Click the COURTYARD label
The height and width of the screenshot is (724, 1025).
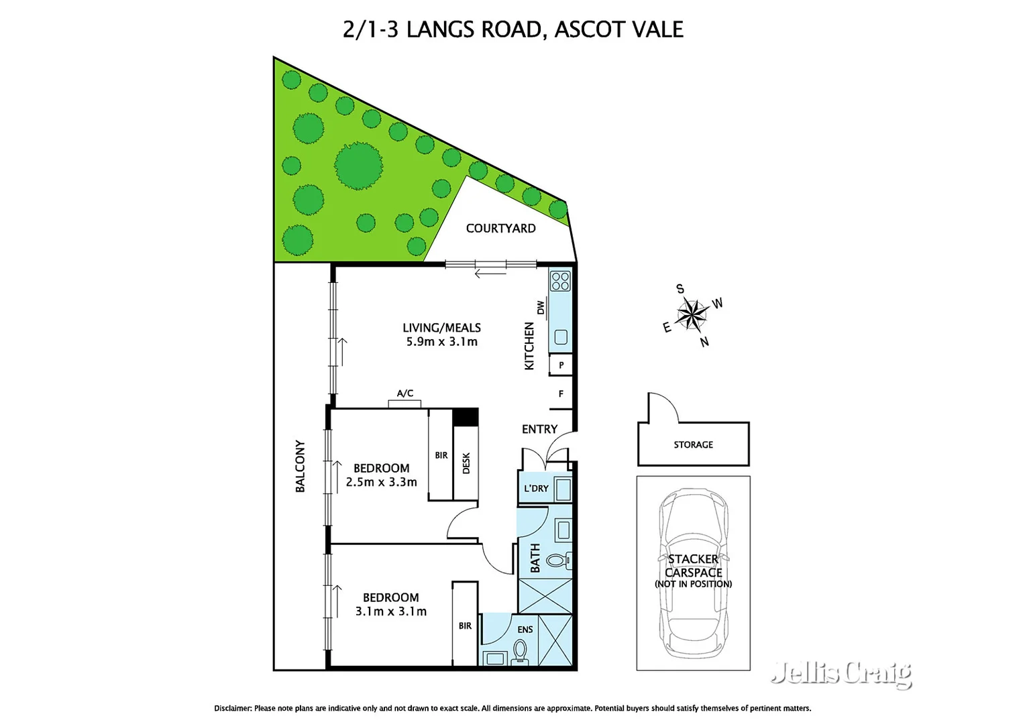pos(500,229)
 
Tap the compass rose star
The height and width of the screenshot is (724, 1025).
pos(692,314)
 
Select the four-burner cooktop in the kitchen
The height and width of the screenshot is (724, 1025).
pos(560,281)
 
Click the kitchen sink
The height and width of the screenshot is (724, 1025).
pos(561,337)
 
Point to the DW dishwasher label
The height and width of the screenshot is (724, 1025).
pos(541,308)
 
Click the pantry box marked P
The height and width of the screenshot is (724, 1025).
pos(561,365)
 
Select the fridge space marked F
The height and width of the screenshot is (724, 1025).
pos(561,394)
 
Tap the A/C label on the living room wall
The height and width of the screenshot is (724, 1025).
pos(405,394)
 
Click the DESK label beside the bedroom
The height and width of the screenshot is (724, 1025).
pos(466,463)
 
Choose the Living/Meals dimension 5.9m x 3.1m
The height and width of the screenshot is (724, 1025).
pos(441,342)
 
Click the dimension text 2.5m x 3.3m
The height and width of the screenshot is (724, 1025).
pos(381,482)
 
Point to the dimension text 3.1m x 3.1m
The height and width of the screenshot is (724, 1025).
pos(390,611)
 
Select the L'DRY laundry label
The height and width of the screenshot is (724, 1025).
pos(536,489)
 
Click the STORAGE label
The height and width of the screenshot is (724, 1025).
pos(693,444)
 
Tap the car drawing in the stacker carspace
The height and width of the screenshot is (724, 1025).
pos(693,573)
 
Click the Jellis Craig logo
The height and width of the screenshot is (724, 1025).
pos(841,672)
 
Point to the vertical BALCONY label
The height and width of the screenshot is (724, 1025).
pos(300,467)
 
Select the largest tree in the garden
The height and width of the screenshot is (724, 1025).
pos(358,165)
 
